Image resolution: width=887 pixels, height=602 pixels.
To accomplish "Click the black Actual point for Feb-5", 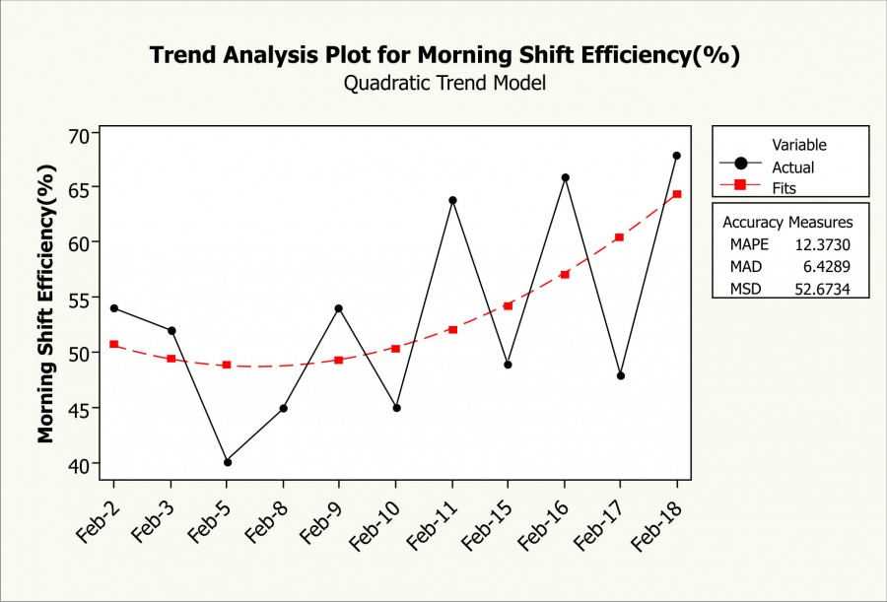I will (227, 462).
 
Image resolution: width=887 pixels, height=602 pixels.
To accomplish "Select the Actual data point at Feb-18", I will (677, 156).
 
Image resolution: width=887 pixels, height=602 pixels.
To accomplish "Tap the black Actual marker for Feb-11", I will (452, 200).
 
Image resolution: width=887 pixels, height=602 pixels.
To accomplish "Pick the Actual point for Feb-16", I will (565, 177).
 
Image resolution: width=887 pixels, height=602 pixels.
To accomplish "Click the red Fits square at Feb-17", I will (620, 237).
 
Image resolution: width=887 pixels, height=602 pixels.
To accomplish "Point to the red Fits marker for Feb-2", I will (114, 344).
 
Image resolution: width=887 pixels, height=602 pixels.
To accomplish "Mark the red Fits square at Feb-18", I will (677, 194).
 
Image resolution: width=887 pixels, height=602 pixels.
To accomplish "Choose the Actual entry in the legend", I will (792, 167).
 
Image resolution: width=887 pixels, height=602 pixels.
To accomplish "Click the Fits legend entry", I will (785, 186).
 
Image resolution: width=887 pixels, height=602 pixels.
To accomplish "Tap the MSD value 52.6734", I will (826, 288).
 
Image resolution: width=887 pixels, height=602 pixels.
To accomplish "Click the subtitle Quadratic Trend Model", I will (444, 84).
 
